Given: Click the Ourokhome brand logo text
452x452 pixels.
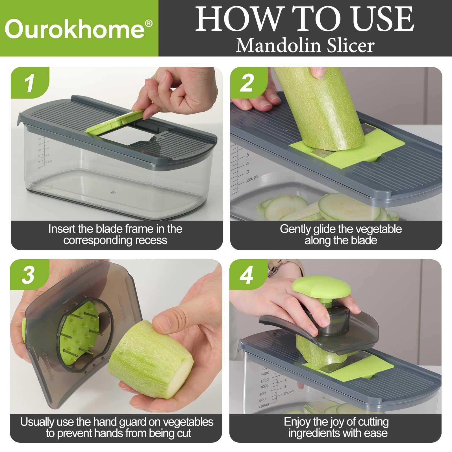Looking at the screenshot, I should pos(75,29).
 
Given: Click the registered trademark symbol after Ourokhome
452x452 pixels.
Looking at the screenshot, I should pos(149,23).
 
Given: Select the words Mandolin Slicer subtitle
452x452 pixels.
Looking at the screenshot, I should pos(305,45).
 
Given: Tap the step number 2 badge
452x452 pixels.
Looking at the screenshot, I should pos(247,83).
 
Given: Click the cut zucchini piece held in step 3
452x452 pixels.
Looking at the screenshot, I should pos(150,360).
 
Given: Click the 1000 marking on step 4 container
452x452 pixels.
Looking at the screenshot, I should pos(264,386).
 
